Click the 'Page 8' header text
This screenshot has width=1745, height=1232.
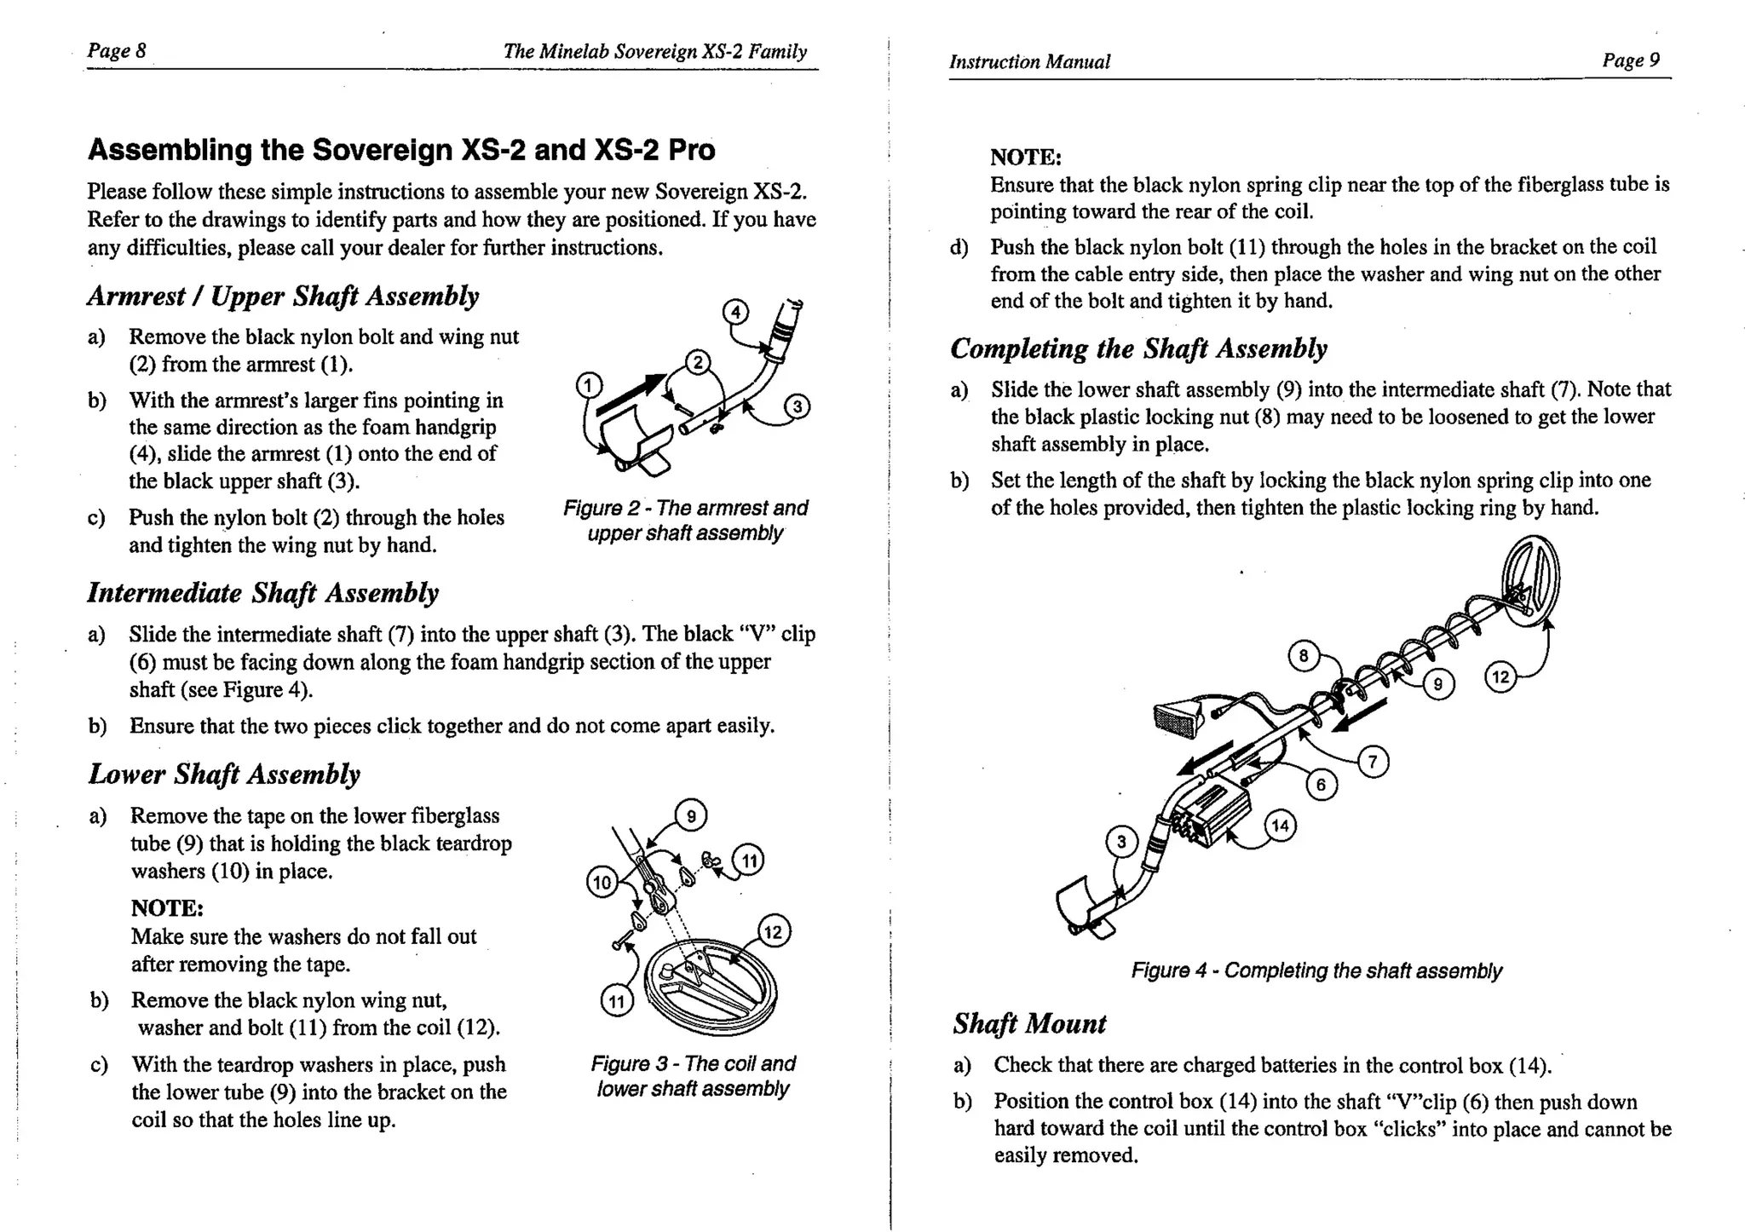[117, 51]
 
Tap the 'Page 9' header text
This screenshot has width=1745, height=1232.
[1631, 60]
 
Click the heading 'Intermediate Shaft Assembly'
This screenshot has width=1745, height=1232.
[262, 593]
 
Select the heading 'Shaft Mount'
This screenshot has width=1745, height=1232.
[1029, 1023]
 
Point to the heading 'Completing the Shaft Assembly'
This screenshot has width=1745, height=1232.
[1138, 348]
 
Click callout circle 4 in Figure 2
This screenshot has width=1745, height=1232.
[736, 312]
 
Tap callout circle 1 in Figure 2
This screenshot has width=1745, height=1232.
[589, 385]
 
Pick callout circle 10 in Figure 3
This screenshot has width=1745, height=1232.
[602, 882]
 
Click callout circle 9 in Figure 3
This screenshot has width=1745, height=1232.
[691, 816]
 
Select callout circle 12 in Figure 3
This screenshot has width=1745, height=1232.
[773, 932]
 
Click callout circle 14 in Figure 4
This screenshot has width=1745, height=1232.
[1281, 826]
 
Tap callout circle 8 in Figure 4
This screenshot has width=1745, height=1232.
[1304, 657]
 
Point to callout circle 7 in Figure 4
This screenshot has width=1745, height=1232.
[1372, 761]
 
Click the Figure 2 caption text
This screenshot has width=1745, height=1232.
[685, 521]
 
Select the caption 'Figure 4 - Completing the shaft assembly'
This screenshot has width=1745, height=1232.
[1316, 970]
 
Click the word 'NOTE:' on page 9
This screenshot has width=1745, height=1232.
[1025, 158]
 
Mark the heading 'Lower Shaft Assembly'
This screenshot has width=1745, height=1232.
[224, 774]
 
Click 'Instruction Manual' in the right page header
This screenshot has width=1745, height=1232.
[1029, 62]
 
